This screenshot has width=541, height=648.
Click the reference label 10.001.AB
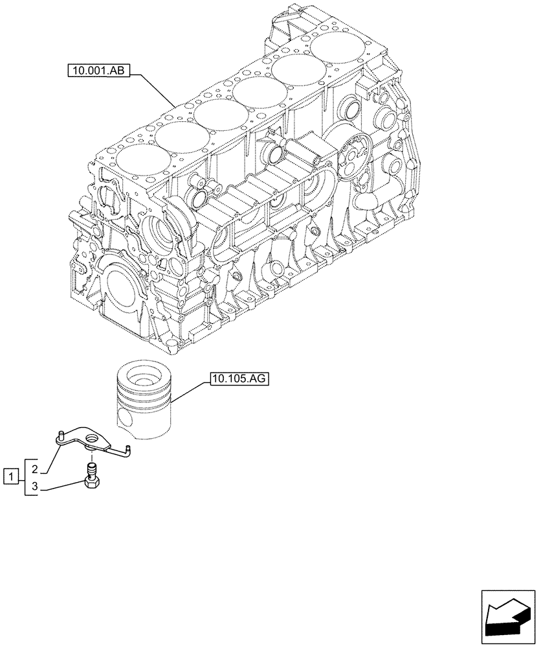98,71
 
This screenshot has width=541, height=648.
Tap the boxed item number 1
10,478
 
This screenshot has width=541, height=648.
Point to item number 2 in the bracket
36,468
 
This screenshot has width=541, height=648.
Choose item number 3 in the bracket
36,487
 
